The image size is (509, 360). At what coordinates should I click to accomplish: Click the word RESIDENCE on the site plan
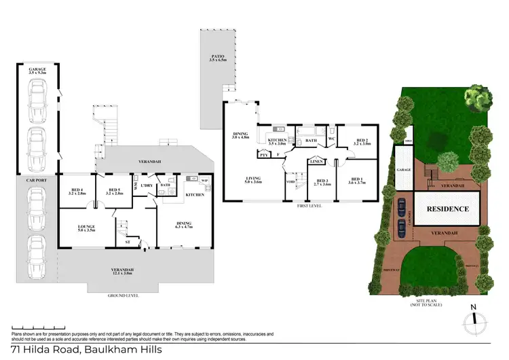coord(448,209)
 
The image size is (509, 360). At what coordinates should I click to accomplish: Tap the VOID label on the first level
coord(290,182)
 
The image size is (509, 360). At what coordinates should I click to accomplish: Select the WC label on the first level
coord(333,139)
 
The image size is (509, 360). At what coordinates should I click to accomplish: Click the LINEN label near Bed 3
coord(316,162)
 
